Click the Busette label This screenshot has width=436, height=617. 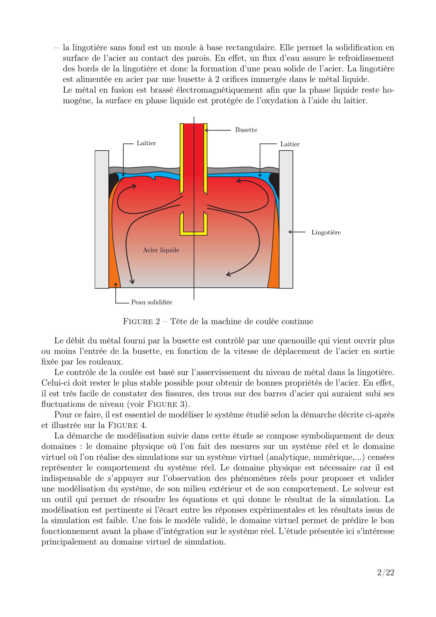246,130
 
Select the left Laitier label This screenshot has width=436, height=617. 146,143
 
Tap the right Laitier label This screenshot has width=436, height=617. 290,144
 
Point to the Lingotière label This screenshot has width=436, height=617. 326,233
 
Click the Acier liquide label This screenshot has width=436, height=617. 161,250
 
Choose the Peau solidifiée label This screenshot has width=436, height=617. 151,302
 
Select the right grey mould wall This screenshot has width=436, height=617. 286,219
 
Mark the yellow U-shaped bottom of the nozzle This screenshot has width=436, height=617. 193,233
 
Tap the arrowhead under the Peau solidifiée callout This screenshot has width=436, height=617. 116,284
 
